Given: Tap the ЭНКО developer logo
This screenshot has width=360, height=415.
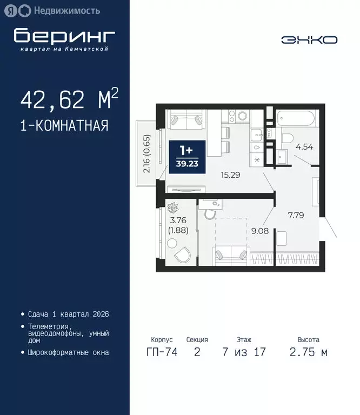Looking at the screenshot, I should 309,40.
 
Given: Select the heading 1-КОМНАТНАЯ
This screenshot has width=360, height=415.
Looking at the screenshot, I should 64,126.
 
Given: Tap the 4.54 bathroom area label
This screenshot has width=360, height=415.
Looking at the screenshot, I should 302,145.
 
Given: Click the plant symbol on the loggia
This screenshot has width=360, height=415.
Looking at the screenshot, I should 174,208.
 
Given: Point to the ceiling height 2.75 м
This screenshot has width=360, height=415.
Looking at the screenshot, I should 309,353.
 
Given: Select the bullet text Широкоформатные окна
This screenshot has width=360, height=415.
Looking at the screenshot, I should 68,352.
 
